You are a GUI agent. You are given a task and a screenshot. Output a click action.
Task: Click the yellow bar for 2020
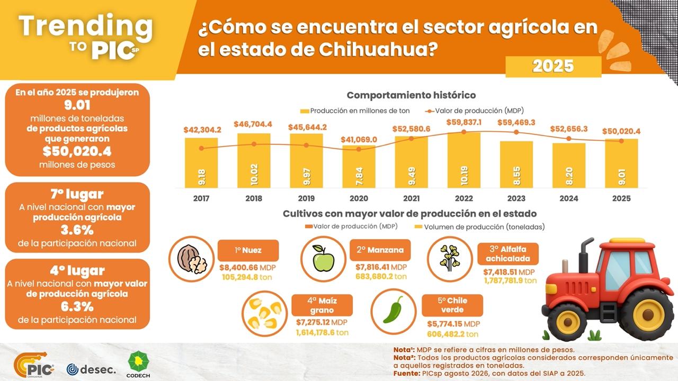(359, 167)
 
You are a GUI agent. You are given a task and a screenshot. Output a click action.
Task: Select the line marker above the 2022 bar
(464, 132)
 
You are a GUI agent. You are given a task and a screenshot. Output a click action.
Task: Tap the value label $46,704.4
(253, 124)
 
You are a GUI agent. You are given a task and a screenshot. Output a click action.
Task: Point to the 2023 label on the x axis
(516, 198)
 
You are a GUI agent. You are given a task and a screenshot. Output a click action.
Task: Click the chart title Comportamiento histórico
(412, 95)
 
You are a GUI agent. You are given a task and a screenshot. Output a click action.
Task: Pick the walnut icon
(192, 259)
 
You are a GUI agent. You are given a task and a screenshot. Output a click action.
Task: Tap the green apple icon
(323, 259)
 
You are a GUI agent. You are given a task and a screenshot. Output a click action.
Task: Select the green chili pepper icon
(393, 310)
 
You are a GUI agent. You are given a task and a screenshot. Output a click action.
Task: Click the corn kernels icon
(264, 314)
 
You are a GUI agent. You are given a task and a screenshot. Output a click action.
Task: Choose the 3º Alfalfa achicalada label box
(508, 254)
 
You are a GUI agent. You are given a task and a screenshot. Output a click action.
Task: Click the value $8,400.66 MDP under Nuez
(247, 268)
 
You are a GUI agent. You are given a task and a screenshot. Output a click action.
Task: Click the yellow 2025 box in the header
(554, 67)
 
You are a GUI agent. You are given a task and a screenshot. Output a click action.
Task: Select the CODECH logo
(138, 365)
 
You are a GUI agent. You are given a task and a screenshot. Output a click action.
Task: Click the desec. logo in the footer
(91, 369)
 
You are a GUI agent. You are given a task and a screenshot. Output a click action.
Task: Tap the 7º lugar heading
(77, 194)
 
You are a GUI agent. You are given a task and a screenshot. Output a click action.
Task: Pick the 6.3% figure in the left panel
(77, 307)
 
